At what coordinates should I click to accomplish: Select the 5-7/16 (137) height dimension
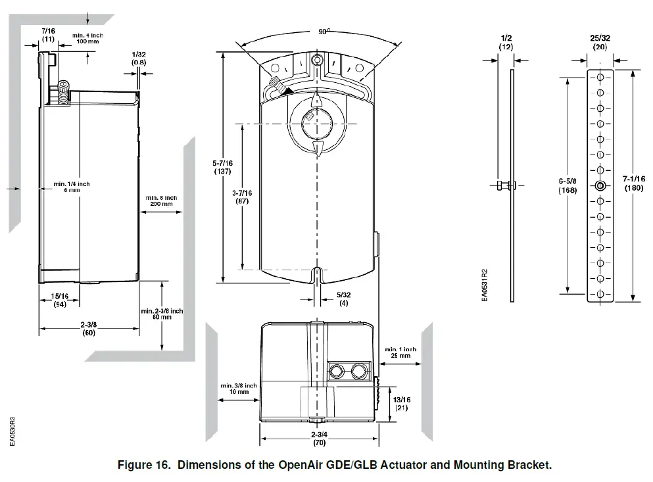[x=224, y=167]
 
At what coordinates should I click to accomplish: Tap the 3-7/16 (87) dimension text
[x=242, y=197]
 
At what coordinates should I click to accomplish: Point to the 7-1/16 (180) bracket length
[x=634, y=183]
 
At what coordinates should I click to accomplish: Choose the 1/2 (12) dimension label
[x=506, y=43]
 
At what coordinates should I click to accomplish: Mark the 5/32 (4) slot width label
[x=343, y=299]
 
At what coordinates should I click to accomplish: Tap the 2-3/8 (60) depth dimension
[x=89, y=329]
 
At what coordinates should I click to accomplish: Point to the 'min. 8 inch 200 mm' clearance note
[x=161, y=201]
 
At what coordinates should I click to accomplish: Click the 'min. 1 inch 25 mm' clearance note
[x=400, y=352]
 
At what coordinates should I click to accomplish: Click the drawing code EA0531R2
[x=485, y=284]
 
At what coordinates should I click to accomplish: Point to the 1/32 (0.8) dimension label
[x=139, y=58]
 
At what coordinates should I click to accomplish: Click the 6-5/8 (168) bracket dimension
[x=568, y=185]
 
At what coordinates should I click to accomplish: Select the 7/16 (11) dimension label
[x=48, y=35]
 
